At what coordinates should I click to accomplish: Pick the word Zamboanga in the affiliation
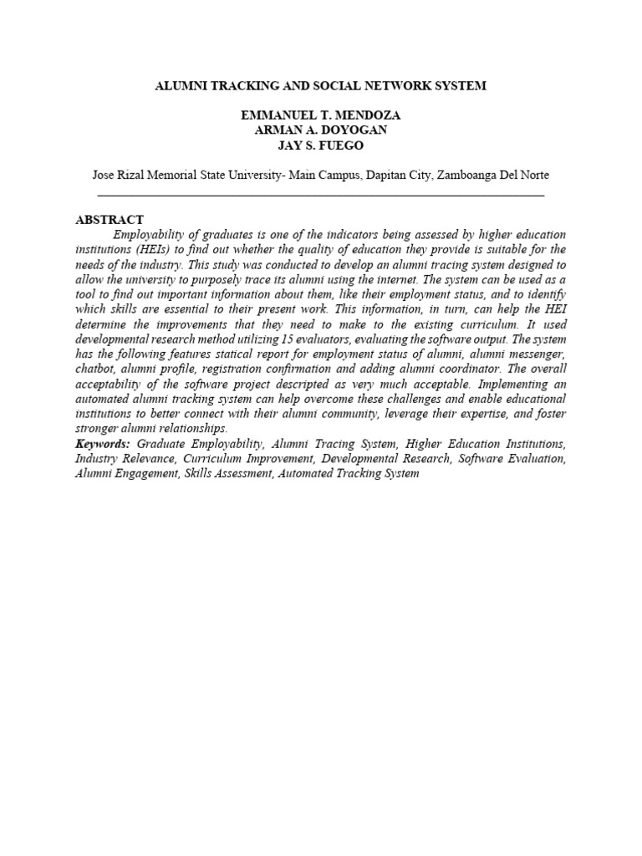pos(466,175)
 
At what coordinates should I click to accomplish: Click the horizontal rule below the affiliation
pos(321,195)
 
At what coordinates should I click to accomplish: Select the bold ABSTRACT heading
pos(110,219)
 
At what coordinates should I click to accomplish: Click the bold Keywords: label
pos(102,444)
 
